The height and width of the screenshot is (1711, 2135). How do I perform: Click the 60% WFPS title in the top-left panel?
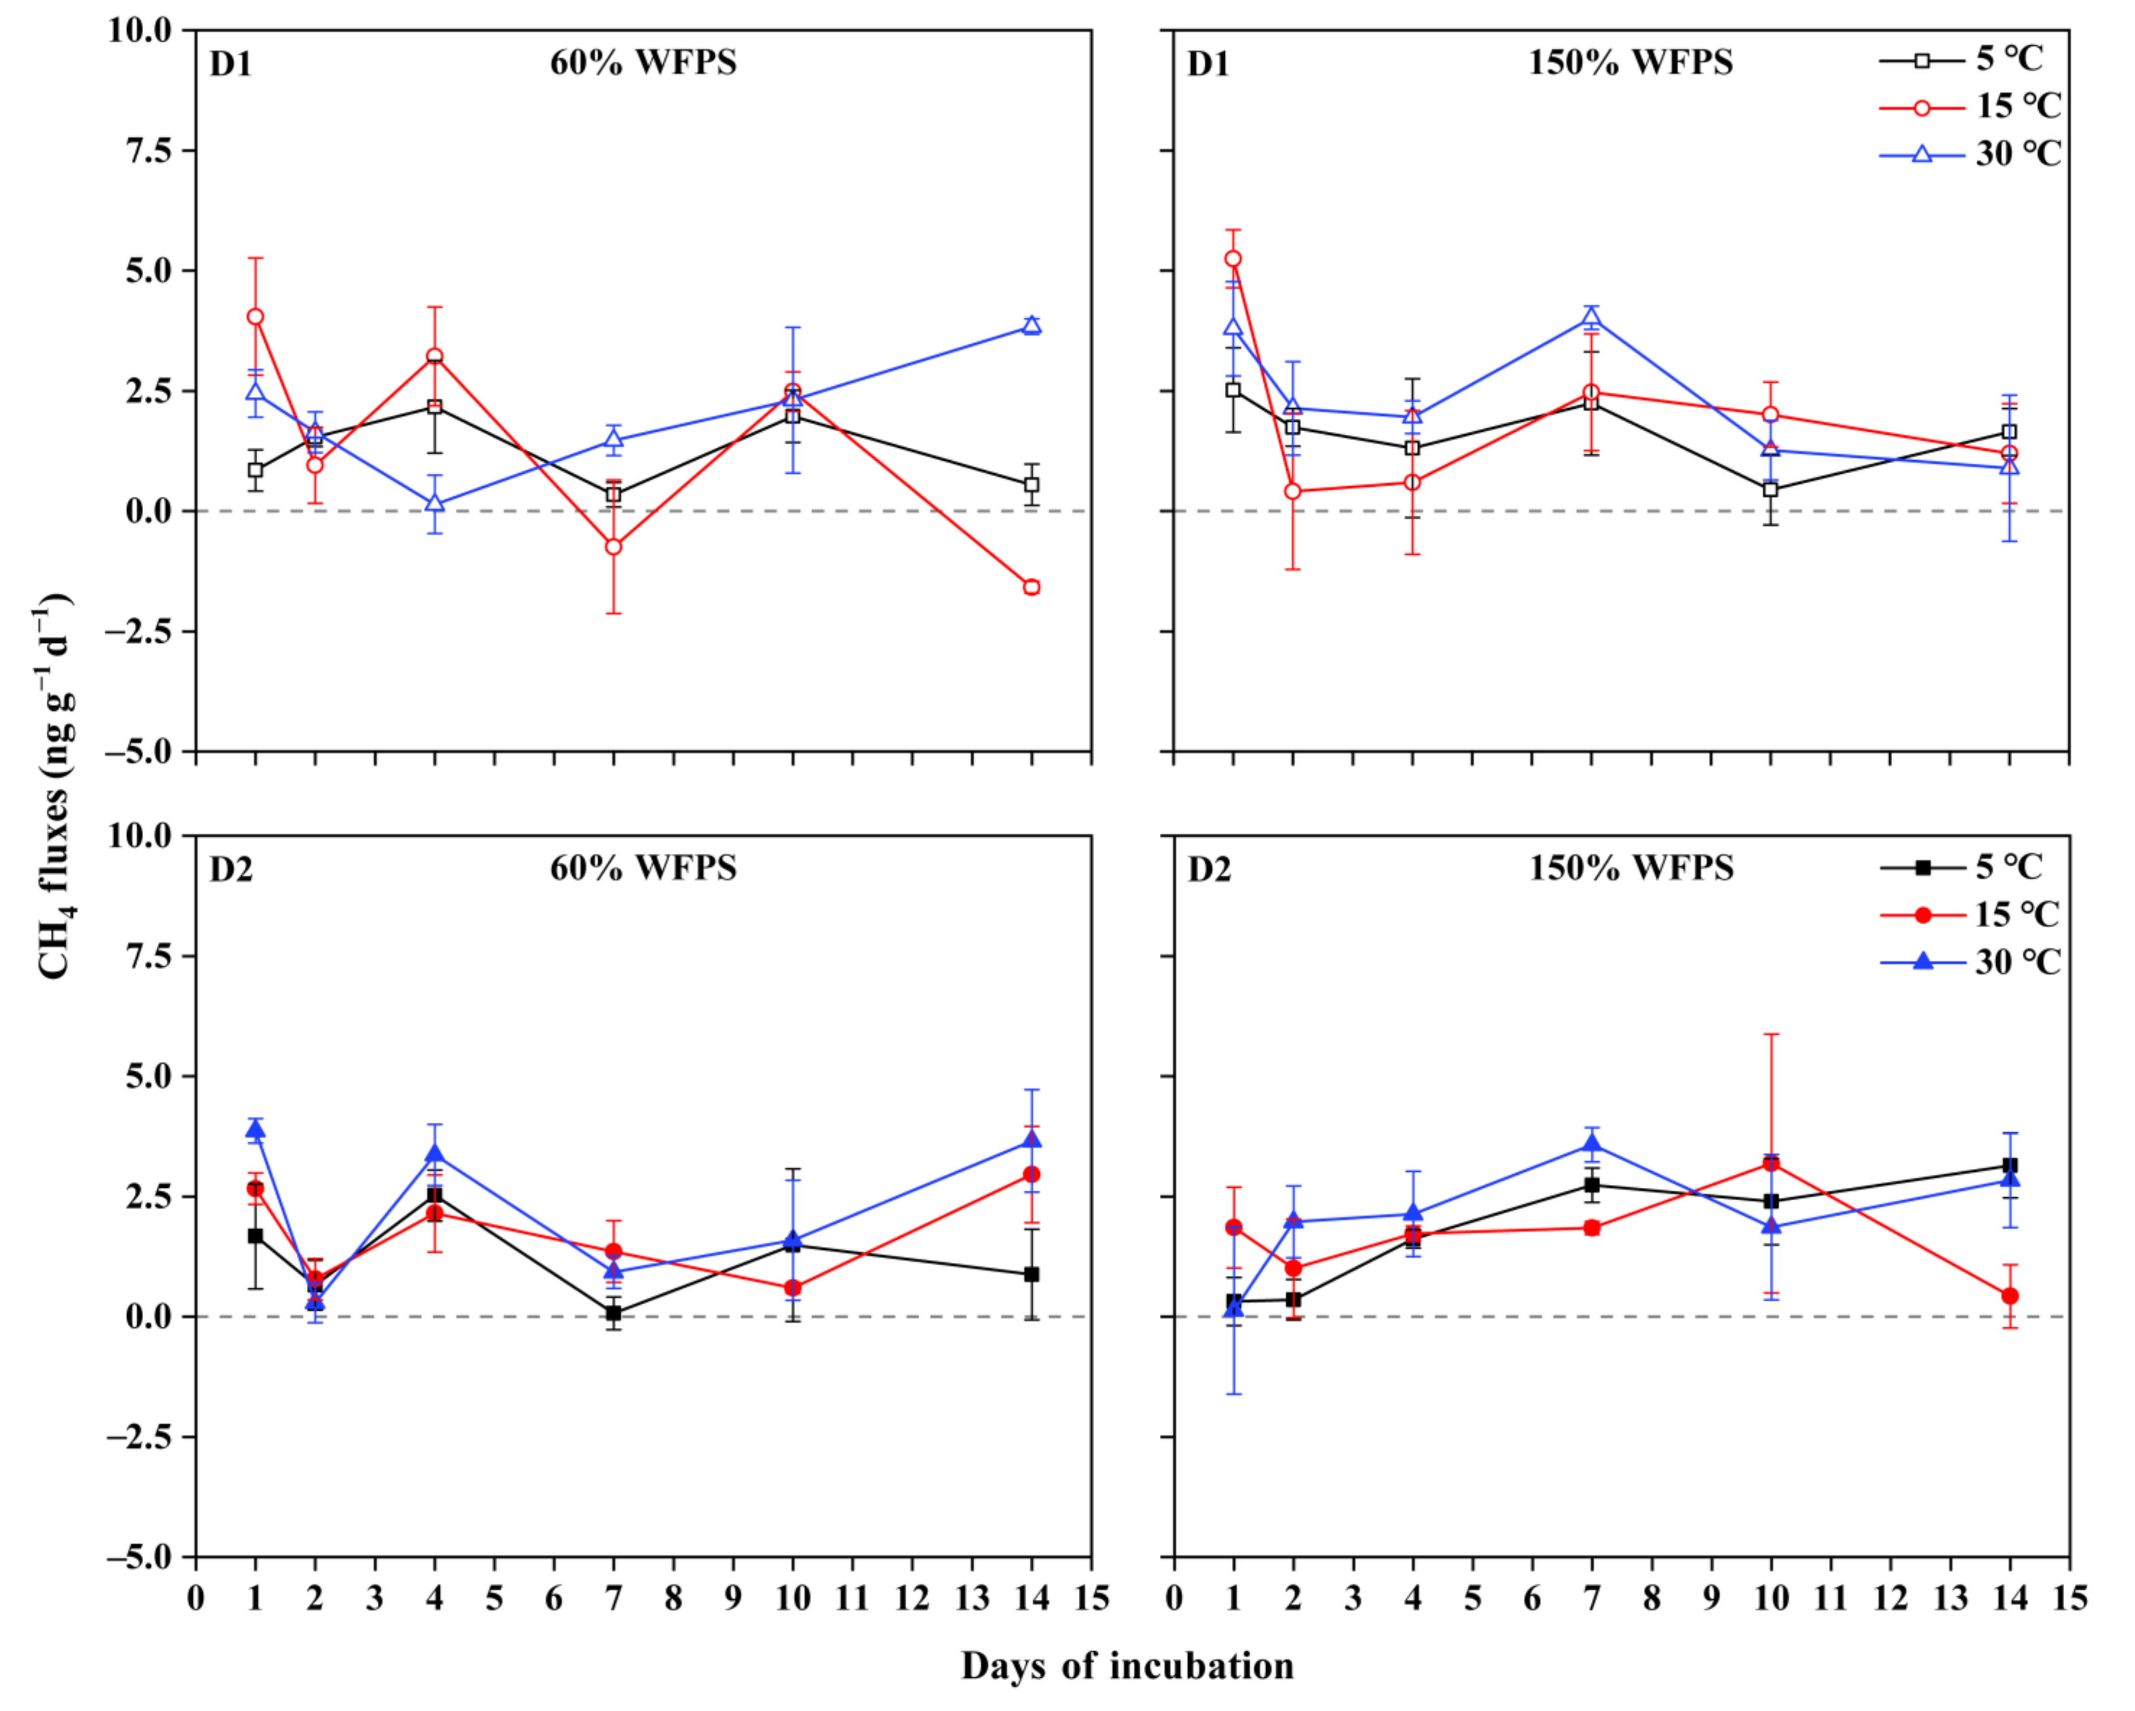[x=643, y=63]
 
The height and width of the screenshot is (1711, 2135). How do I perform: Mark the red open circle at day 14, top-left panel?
[x=1032, y=587]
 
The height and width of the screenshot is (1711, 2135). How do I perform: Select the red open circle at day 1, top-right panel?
[x=1233, y=259]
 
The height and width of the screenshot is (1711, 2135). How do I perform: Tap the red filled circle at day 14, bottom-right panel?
[x=2010, y=1296]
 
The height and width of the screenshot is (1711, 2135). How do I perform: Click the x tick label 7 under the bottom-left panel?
[x=614, y=1599]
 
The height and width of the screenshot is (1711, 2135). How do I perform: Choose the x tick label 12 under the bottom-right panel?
[x=1891, y=1599]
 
